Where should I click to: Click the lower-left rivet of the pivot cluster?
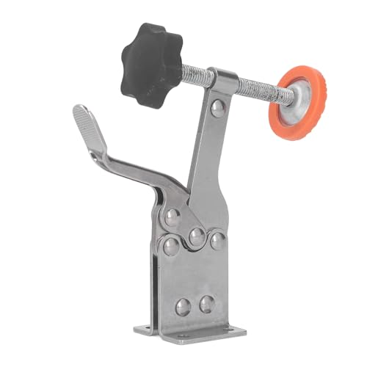[170, 245]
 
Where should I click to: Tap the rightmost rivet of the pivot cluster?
[217, 240]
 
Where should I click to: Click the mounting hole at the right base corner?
[242, 332]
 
